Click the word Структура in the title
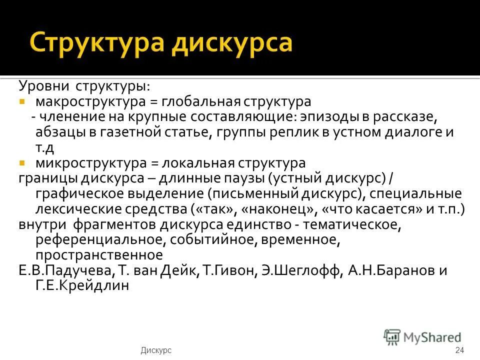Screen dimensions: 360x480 coord(94,42)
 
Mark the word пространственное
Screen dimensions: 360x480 coord(99,255)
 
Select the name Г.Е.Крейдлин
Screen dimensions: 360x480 coord(82,286)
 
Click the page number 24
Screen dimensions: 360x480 coord(460,350)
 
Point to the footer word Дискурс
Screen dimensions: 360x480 coord(156,350)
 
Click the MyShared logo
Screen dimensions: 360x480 coord(422,337)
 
